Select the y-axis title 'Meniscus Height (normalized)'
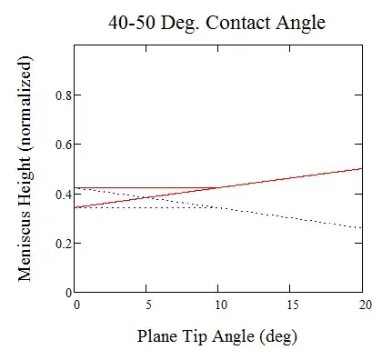[26, 167]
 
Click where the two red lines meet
[220, 188]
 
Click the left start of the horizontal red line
[77, 188]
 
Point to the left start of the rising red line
[77, 208]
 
